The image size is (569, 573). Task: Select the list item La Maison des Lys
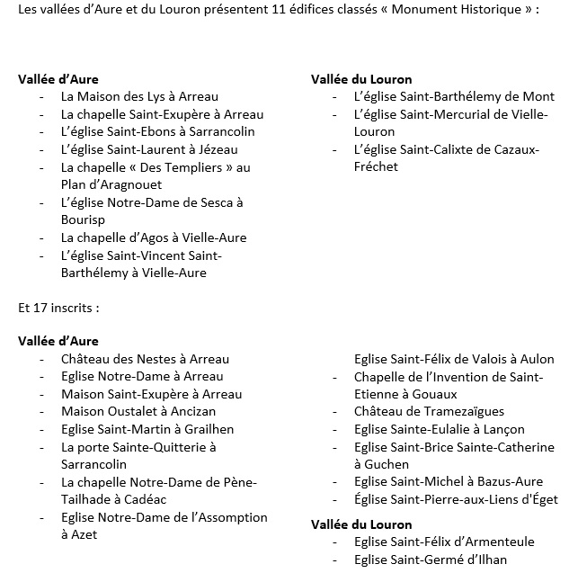139,96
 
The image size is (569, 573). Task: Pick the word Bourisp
84,219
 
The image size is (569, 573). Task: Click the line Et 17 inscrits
58,307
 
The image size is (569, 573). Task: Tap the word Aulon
537,359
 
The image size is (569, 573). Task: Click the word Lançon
504,429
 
